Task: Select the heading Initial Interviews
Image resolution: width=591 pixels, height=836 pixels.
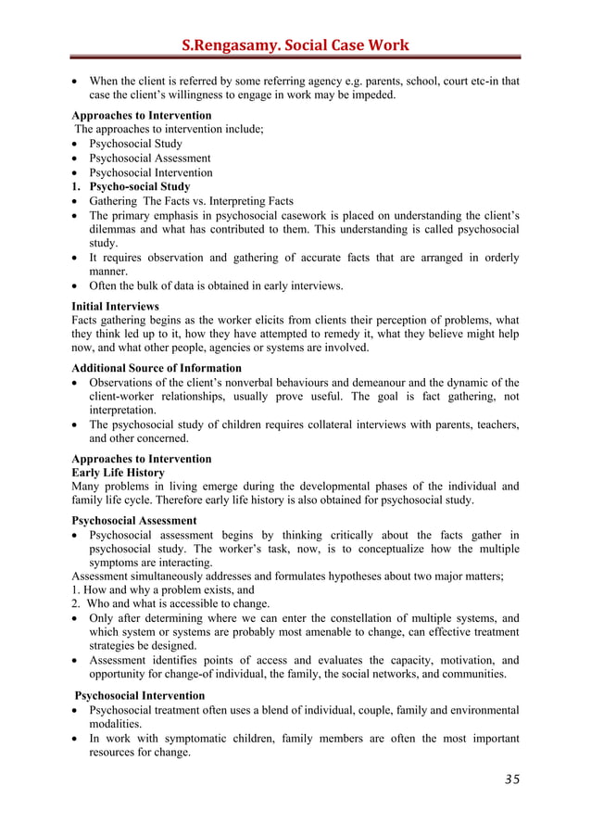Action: (x=115, y=305)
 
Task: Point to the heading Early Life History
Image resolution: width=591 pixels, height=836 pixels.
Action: (x=119, y=473)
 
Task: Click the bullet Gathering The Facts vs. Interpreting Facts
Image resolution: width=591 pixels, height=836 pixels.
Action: (x=192, y=201)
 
